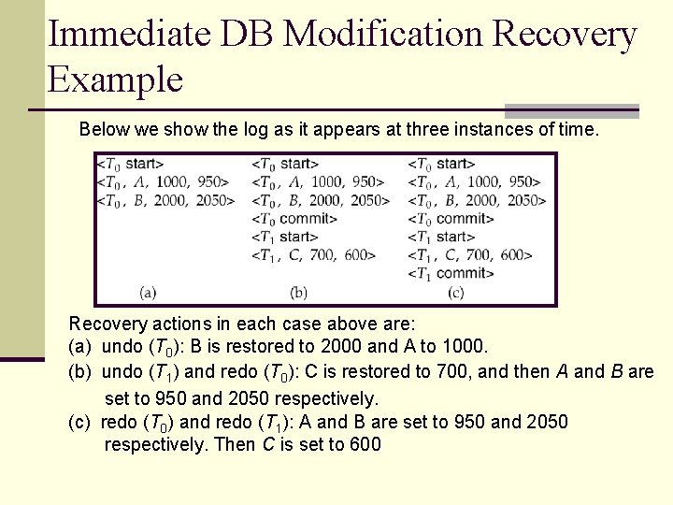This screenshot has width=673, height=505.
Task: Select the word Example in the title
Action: [115, 79]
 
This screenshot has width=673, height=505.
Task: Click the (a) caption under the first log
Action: [147, 293]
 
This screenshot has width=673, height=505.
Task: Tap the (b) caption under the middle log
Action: [298, 293]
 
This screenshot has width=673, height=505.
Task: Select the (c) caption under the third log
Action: [455, 293]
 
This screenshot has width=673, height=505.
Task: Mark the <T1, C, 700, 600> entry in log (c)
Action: [470, 254]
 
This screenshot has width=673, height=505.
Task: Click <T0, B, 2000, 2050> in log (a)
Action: [163, 200]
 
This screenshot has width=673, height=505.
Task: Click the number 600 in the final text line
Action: [364, 444]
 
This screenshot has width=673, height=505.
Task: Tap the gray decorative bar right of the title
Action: [571, 110]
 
